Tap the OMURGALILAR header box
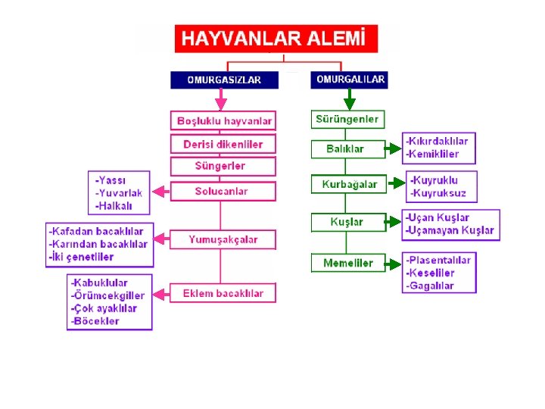click(349, 79)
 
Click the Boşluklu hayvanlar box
click(224, 120)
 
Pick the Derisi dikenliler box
click(223, 144)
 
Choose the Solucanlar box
click(221, 191)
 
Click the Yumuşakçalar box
click(223, 239)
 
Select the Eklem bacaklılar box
click(223, 293)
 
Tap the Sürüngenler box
click(347, 119)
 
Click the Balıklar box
click(344, 148)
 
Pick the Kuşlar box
click(347, 222)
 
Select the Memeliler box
click(347, 263)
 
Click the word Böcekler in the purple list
click(96, 321)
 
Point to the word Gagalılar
click(431, 286)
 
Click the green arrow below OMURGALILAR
click(349, 99)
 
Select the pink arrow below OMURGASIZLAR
click(220, 100)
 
